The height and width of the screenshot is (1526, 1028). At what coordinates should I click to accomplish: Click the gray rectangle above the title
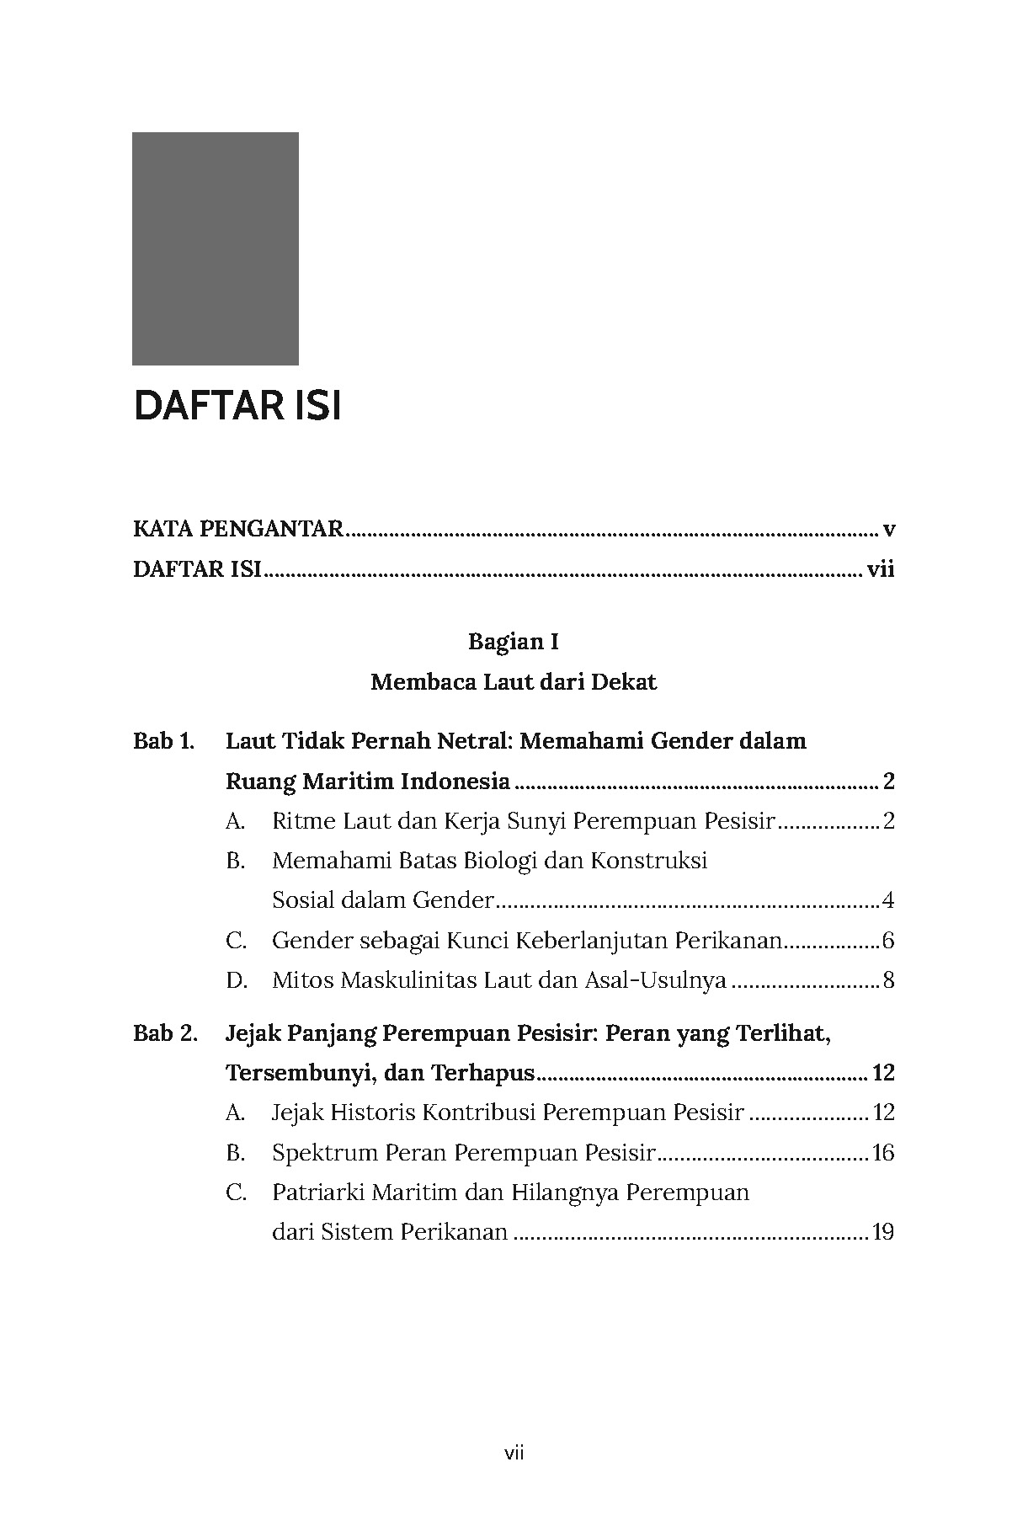click(215, 248)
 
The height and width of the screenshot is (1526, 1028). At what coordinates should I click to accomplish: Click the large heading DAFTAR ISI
click(237, 407)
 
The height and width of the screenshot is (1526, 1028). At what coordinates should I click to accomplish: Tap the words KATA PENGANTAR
click(238, 529)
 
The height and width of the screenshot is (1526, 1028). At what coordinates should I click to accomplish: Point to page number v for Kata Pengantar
click(888, 530)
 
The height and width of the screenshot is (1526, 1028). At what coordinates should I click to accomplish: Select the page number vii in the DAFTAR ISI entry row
click(880, 570)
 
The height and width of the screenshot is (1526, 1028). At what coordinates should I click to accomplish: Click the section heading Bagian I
click(514, 642)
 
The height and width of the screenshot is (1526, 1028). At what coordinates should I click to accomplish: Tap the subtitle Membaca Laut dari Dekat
click(514, 681)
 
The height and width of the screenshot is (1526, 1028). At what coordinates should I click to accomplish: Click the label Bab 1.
click(163, 741)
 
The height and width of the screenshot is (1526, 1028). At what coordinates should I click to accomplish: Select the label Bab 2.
click(165, 1032)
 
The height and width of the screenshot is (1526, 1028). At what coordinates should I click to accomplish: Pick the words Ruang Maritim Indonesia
click(368, 782)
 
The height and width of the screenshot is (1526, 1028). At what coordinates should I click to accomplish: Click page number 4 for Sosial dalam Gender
click(888, 901)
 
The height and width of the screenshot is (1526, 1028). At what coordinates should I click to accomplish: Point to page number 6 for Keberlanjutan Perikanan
click(888, 941)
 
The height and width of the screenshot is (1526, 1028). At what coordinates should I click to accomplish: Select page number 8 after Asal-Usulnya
click(888, 980)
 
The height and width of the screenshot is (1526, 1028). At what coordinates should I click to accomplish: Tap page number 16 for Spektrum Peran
click(883, 1152)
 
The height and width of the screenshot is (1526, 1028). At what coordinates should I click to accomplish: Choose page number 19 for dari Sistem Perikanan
click(883, 1232)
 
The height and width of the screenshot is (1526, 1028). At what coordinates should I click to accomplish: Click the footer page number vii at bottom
click(514, 1453)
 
